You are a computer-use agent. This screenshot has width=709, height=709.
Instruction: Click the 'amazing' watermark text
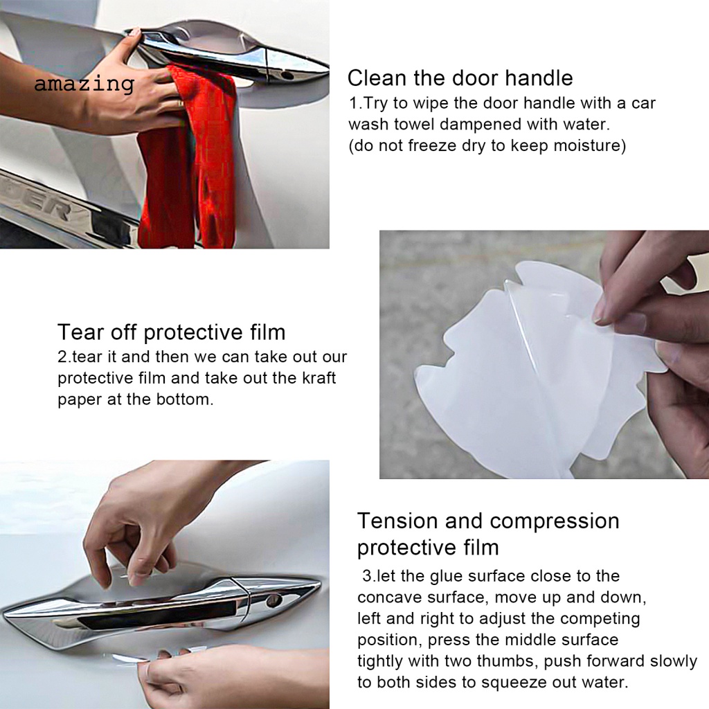(x=84, y=84)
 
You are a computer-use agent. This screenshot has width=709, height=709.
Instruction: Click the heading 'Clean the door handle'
(x=460, y=78)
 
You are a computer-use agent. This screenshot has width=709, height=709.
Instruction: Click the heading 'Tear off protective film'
(x=171, y=332)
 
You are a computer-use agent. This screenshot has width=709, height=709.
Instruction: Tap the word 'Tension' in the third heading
(x=397, y=521)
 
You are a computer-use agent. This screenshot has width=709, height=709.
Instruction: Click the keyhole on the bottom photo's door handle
(x=273, y=600)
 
